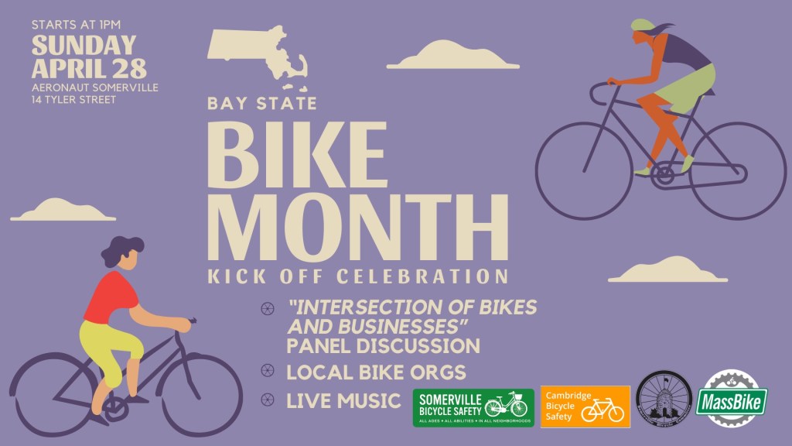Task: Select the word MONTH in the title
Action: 358,225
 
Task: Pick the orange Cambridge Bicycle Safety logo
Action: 585,407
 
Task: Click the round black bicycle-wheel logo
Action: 663,400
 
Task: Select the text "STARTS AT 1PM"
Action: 77,25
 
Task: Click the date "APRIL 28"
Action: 78,67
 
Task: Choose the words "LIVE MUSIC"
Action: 343,400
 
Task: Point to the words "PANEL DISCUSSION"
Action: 384,345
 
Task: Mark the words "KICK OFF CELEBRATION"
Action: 358,276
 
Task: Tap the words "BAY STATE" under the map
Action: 261,104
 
